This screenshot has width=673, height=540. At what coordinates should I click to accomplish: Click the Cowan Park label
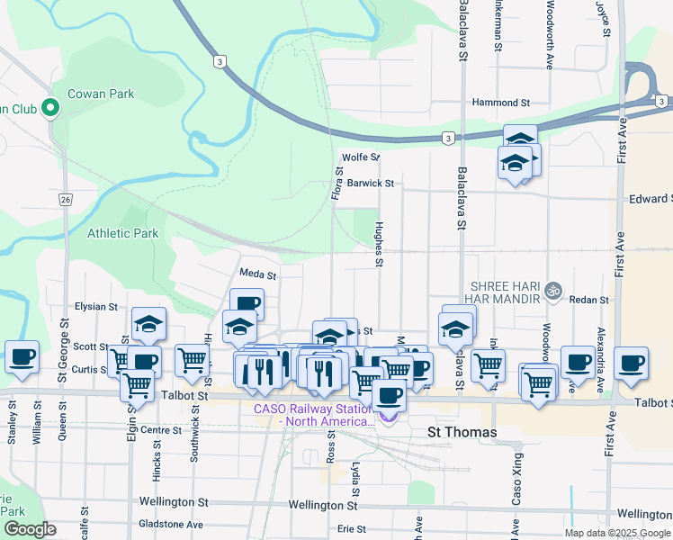pyautogui.click(x=103, y=94)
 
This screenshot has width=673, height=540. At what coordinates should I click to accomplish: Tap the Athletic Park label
pyautogui.click(x=122, y=233)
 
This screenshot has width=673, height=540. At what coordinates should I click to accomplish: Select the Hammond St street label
pyautogui.click(x=506, y=103)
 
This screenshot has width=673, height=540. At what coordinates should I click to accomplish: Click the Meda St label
pyautogui.click(x=256, y=273)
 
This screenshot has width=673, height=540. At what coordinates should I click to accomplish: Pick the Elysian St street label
pyautogui.click(x=97, y=306)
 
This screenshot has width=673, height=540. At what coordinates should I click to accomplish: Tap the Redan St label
pyautogui.click(x=589, y=300)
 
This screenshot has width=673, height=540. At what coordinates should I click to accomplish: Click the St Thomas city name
pyautogui.click(x=462, y=432)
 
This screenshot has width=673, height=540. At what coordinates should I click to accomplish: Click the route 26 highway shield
pyautogui.click(x=66, y=199)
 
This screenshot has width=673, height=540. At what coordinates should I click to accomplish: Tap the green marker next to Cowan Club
pyautogui.click(x=50, y=109)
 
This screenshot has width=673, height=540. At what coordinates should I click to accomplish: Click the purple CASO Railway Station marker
pyautogui.click(x=388, y=416)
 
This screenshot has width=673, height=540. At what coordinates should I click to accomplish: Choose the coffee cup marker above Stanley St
pyautogui.click(x=22, y=357)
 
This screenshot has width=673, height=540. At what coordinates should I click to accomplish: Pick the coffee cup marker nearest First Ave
pyautogui.click(x=631, y=362)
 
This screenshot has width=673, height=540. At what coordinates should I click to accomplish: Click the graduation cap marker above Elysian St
pyautogui.click(x=149, y=324)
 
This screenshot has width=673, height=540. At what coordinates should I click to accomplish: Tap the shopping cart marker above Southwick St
pyautogui.click(x=193, y=361)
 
